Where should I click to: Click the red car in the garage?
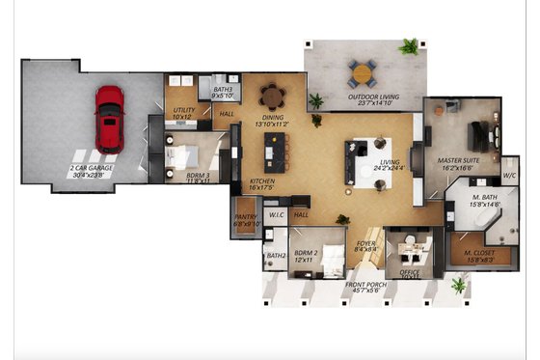[x=109, y=120]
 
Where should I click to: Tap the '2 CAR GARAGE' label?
[x=92, y=170]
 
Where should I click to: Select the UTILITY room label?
[x=184, y=113]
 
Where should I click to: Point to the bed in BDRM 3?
[x=181, y=154]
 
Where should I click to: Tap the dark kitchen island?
[x=277, y=152]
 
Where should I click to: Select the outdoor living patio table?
[x=364, y=72]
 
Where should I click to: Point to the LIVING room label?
[x=389, y=165]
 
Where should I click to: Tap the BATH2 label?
[x=276, y=256]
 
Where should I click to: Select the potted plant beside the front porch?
[x=459, y=285]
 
